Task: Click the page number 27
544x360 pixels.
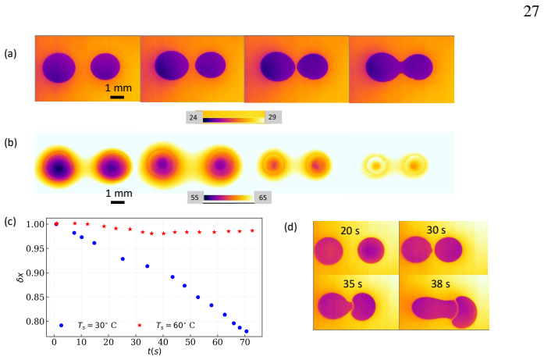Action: [x=532, y=12]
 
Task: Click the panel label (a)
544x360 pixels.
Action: [x=10, y=54]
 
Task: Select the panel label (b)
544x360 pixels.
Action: [x=10, y=143]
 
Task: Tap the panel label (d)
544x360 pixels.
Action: [x=290, y=227]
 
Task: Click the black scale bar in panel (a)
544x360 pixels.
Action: [x=117, y=97]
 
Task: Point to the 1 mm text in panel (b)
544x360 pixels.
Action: [x=119, y=194]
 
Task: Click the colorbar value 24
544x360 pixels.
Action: [x=194, y=118]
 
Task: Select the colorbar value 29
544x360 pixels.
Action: [x=272, y=117]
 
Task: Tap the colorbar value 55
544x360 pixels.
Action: [x=194, y=198]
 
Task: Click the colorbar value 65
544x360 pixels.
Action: [x=262, y=198]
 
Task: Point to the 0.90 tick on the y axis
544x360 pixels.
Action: [x=35, y=273]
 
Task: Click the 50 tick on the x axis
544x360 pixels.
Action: [x=190, y=342]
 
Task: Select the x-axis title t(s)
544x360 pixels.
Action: [x=155, y=351]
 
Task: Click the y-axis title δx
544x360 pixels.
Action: [x=20, y=276]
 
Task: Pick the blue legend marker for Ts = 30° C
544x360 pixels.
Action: [x=62, y=326]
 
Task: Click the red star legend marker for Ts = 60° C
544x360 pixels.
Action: [x=140, y=326]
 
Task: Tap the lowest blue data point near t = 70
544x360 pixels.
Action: [x=247, y=332]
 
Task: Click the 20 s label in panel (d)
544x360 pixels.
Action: [x=350, y=231]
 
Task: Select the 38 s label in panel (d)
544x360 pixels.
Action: [x=441, y=284]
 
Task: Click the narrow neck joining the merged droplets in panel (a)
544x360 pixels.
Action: [x=401, y=67]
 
